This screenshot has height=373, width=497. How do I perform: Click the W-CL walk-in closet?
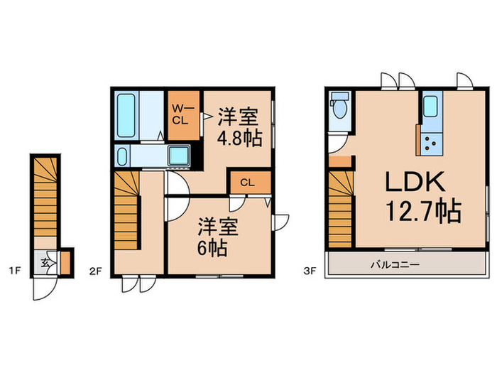pyautogui.click(x=182, y=114)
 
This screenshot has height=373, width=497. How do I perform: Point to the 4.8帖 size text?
pyautogui.click(x=239, y=136)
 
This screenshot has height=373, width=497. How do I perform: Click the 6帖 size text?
pyautogui.click(x=212, y=248)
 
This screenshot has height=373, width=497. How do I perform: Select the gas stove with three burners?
pyautogui.click(x=431, y=145)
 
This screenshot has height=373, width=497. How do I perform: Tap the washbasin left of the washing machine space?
pyautogui.click(x=120, y=156)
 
